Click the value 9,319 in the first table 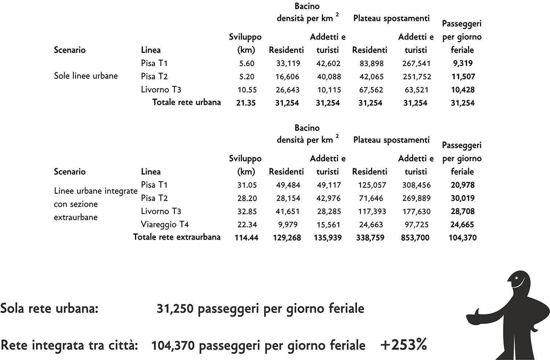pyautogui.click(x=462, y=63)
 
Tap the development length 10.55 pyautogui.click(x=246, y=90)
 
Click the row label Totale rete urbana pyautogui.click(x=186, y=102)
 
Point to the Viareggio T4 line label pyautogui.click(x=165, y=224)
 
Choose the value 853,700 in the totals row pyautogui.click(x=415, y=238)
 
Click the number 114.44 pyautogui.click(x=246, y=238)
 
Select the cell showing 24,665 pyautogui.click(x=462, y=224)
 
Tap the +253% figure pyautogui.click(x=404, y=345)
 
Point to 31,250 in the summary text pyautogui.click(x=175, y=309)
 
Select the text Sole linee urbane pyautogui.click(x=86, y=76)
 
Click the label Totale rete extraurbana pyautogui.click(x=177, y=237)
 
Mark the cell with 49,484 pyautogui.click(x=288, y=185)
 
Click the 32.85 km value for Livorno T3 pyautogui.click(x=246, y=212)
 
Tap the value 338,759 pyautogui.click(x=370, y=238)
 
